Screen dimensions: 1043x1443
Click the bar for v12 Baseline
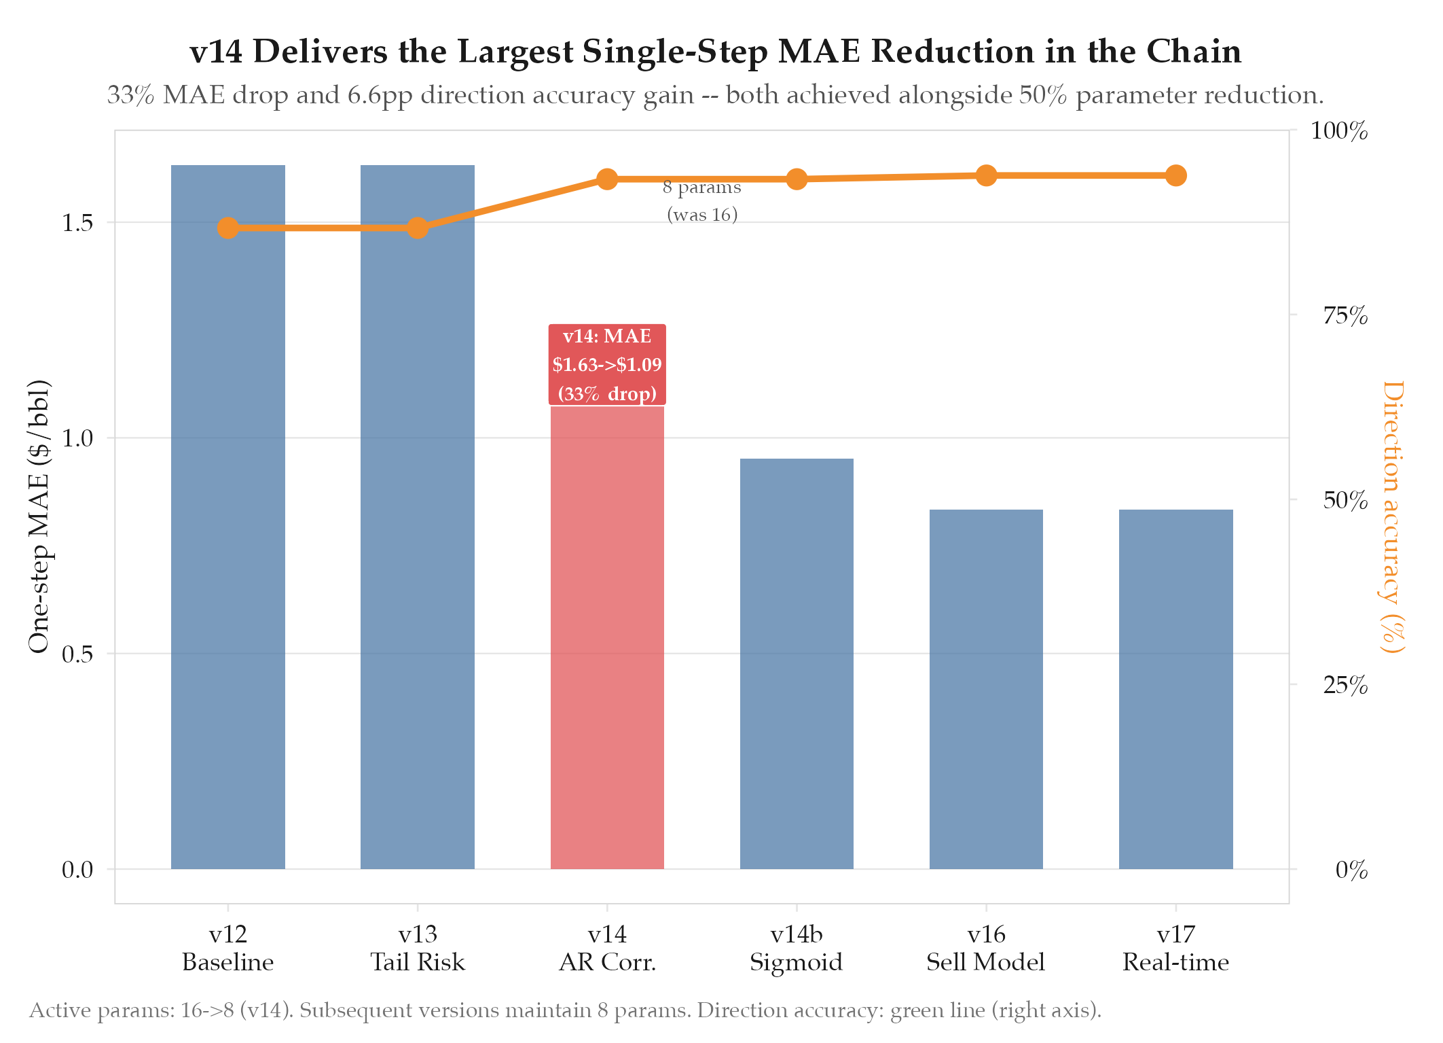coord(227,516)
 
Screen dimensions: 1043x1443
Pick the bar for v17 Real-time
coord(1175,689)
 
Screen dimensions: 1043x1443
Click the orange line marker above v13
coord(418,228)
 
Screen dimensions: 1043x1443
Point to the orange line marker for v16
coord(986,175)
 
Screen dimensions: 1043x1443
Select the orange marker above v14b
coord(797,179)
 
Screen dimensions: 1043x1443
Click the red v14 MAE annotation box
coord(607,365)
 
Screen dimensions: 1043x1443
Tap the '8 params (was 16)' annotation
coord(702,201)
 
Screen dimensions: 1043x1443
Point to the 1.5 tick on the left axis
coord(77,223)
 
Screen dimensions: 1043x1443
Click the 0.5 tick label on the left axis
coord(77,654)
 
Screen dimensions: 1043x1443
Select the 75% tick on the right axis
coord(1345,316)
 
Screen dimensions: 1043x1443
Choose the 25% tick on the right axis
coord(1345,685)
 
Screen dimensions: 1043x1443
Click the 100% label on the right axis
coord(1338,131)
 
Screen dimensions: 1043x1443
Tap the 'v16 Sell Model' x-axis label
coord(986,949)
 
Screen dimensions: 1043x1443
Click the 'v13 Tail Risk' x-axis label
coord(418,949)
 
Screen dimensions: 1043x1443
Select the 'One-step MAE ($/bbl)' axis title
coord(39,516)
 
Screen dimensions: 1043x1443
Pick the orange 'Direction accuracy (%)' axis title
coord(1392,516)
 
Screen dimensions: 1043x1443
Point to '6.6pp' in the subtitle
coord(380,95)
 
